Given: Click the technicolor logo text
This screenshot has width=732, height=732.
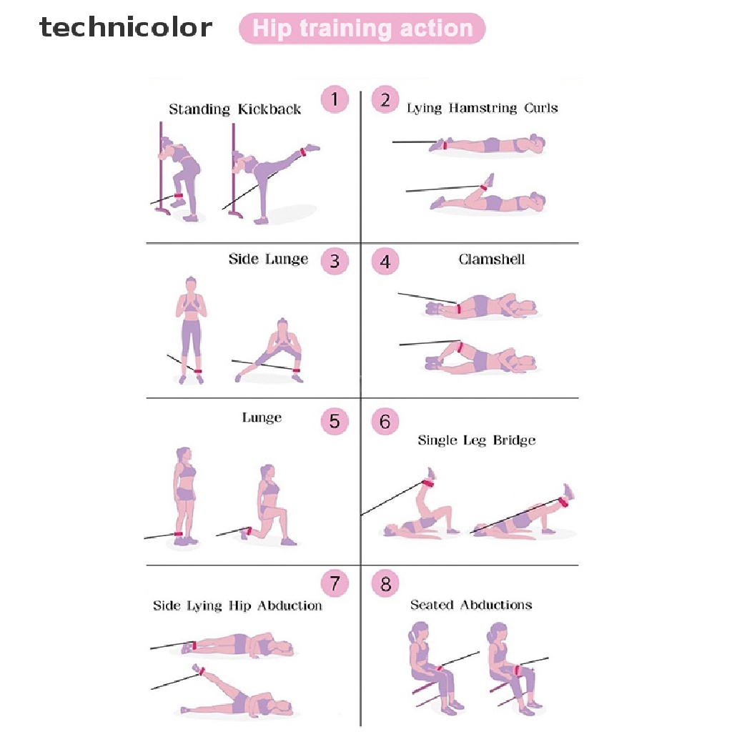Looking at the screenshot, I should click(126, 28).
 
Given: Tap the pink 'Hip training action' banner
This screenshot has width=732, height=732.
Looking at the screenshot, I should click(362, 29).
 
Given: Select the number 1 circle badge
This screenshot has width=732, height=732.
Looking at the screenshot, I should click(334, 99).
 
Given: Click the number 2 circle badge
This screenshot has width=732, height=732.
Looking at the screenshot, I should click(385, 99).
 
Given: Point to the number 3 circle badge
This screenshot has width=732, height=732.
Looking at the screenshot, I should click(334, 261).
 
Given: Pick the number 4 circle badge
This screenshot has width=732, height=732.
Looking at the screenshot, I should click(385, 262).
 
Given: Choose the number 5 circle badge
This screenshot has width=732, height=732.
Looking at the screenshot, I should click(334, 421).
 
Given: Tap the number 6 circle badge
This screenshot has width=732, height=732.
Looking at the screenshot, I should click(385, 422).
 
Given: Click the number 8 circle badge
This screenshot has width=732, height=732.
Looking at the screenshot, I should click(385, 585).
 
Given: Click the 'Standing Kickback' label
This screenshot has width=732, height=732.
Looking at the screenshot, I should click(234, 109).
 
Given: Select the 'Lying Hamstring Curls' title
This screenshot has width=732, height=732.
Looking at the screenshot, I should click(482, 108).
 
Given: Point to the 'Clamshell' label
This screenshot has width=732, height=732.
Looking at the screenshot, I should click(491, 259).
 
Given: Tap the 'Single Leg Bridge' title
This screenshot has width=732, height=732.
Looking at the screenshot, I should click(476, 440).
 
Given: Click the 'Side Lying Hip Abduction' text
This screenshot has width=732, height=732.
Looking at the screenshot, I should click(237, 605).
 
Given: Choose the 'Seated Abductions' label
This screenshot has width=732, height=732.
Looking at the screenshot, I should click(471, 605).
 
